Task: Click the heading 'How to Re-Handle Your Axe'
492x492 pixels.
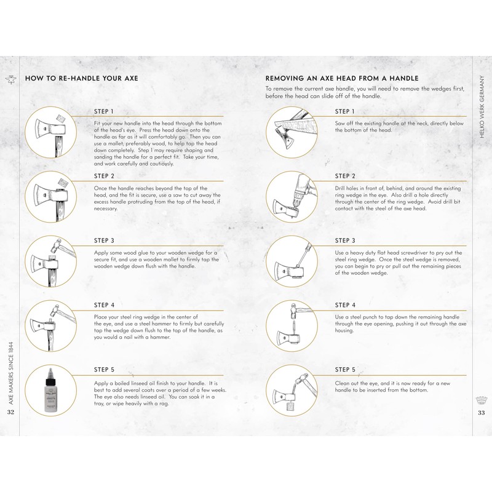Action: (82, 78)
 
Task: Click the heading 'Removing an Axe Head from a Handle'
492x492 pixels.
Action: (342, 78)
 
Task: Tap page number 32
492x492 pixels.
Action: (10, 412)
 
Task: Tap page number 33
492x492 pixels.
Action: (482, 413)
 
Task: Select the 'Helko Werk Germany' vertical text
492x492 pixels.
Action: (482, 106)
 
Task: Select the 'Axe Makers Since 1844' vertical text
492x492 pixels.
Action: (11, 373)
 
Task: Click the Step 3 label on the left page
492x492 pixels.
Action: (104, 240)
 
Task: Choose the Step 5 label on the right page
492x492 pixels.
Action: (345, 370)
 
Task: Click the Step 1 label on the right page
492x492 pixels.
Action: (345, 111)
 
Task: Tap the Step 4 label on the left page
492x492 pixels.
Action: (104, 305)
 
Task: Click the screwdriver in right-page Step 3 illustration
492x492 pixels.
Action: (302, 255)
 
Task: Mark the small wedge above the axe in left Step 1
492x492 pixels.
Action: (60, 119)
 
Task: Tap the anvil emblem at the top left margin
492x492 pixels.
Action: (11, 80)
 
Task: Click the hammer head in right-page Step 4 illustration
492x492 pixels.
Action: (294, 309)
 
